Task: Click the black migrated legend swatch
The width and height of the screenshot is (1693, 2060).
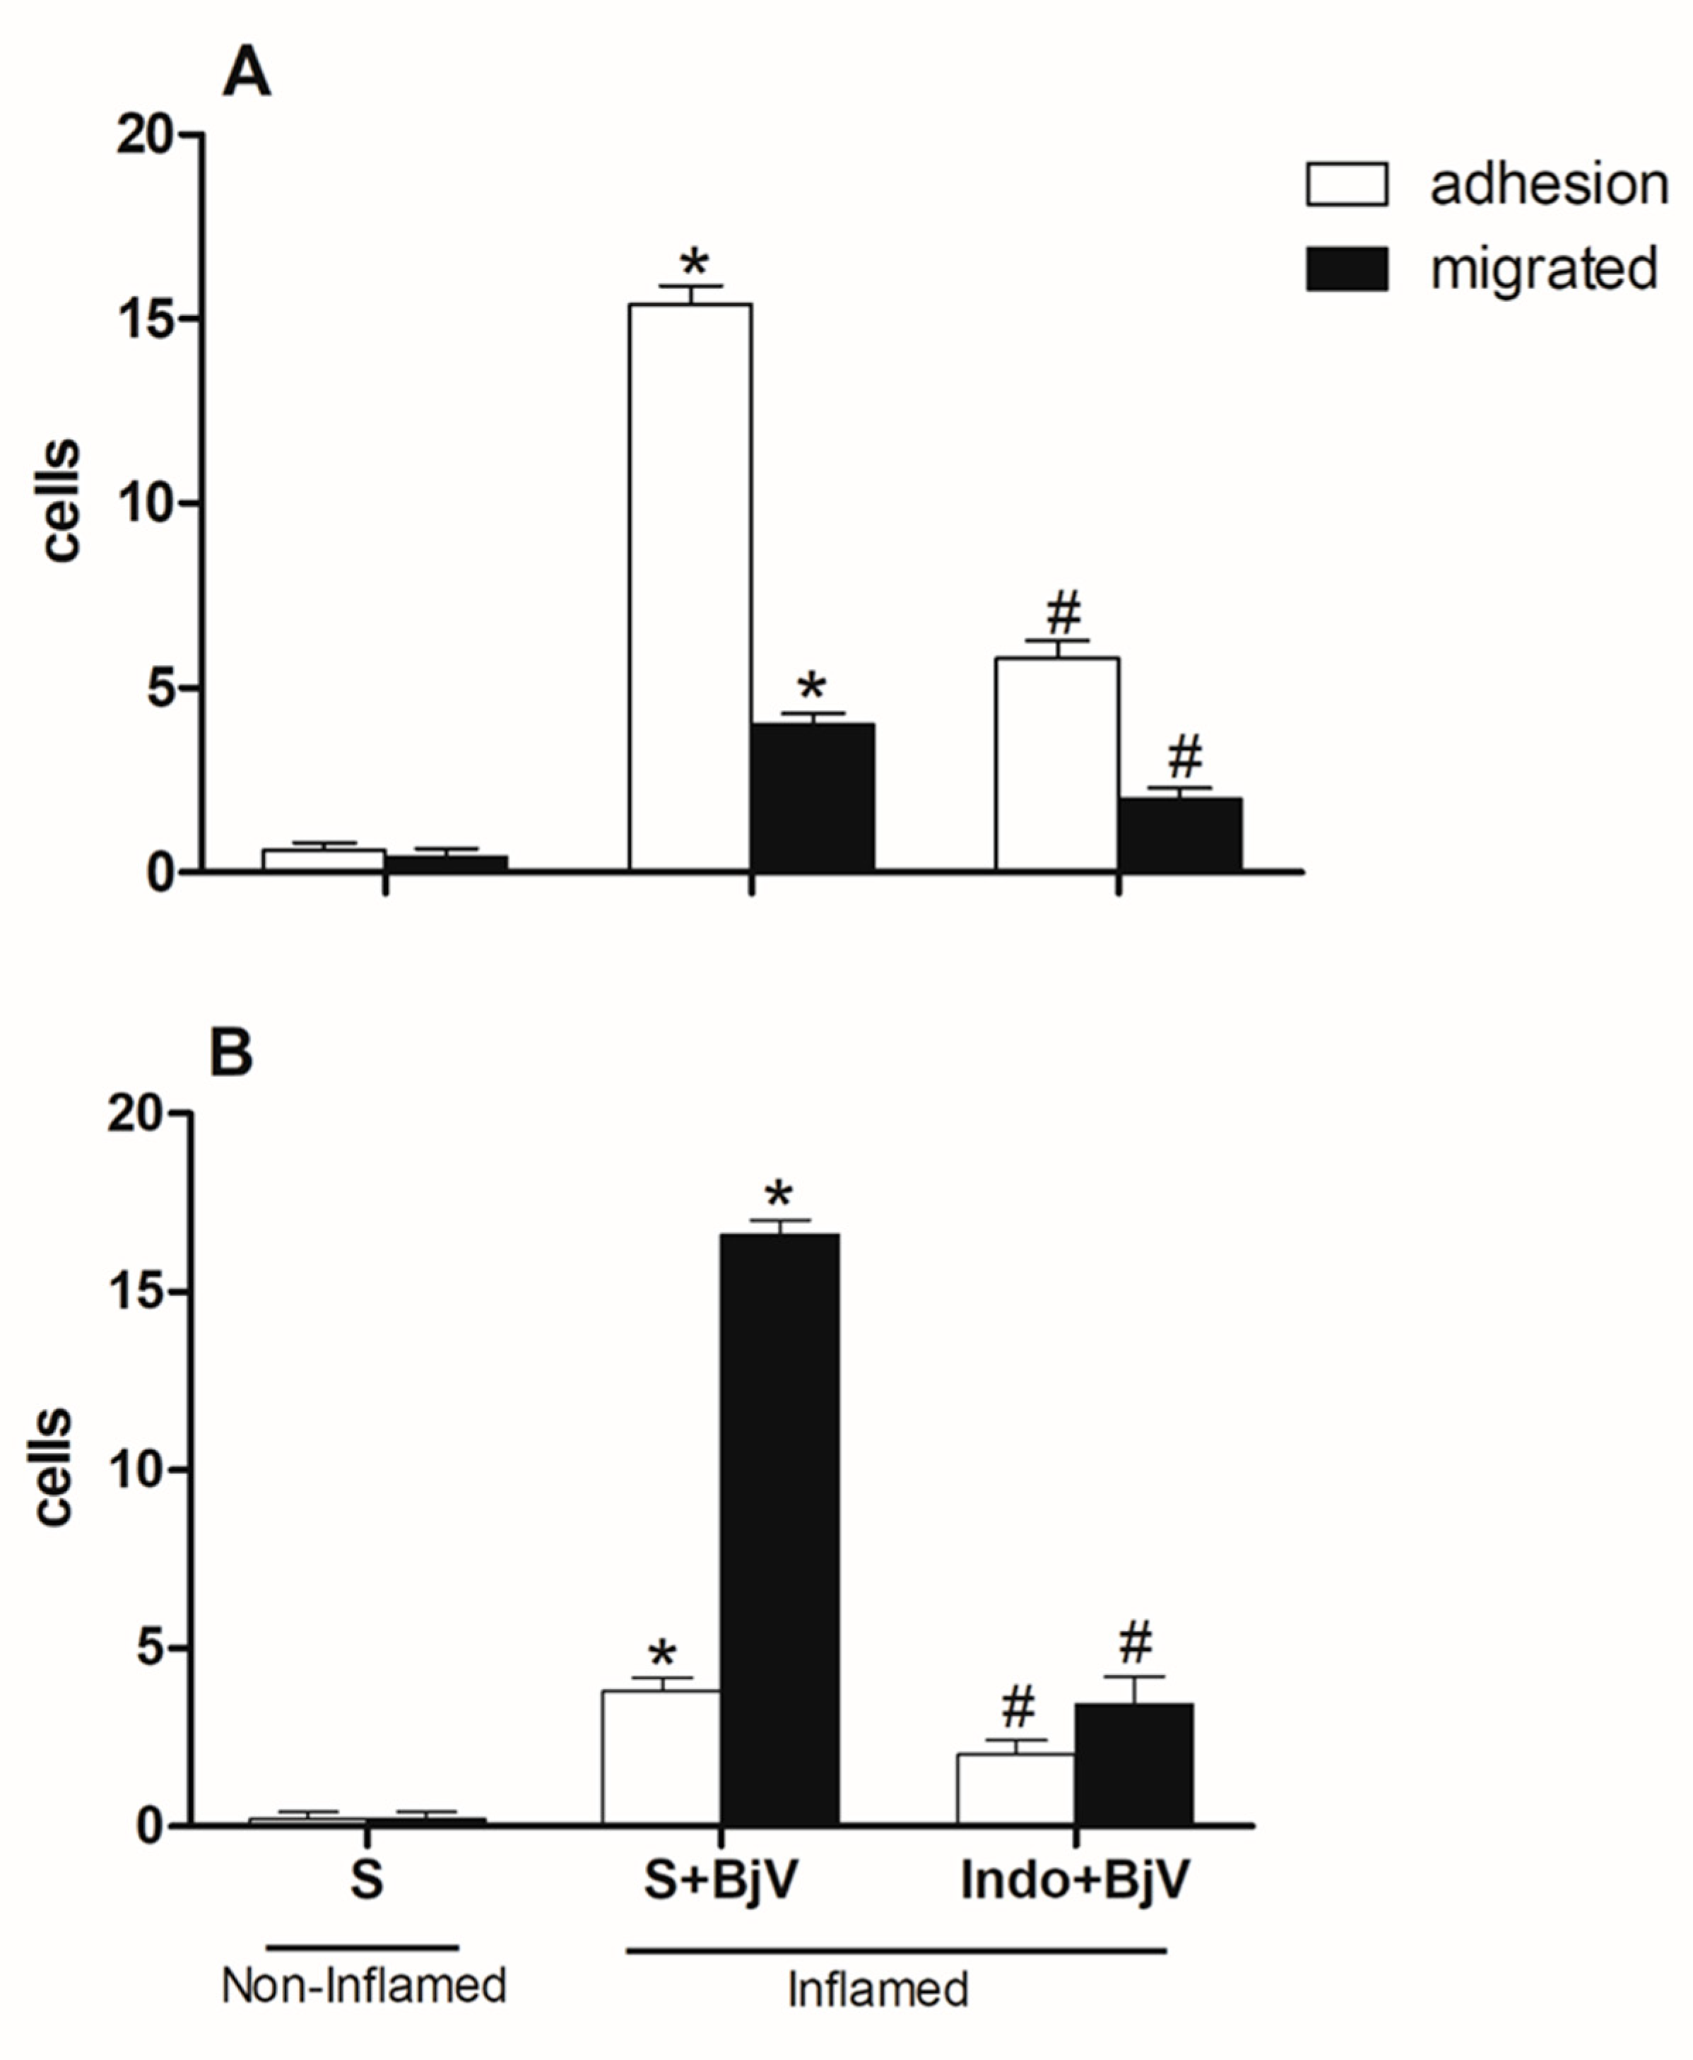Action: point(1347,269)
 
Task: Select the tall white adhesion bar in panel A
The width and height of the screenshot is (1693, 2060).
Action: point(690,585)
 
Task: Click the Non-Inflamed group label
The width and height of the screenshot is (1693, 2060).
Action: point(364,1985)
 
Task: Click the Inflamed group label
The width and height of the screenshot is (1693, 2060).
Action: point(878,1990)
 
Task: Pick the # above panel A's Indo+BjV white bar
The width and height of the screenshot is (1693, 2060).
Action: point(1063,613)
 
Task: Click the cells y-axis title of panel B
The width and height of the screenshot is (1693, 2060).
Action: point(54,1467)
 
